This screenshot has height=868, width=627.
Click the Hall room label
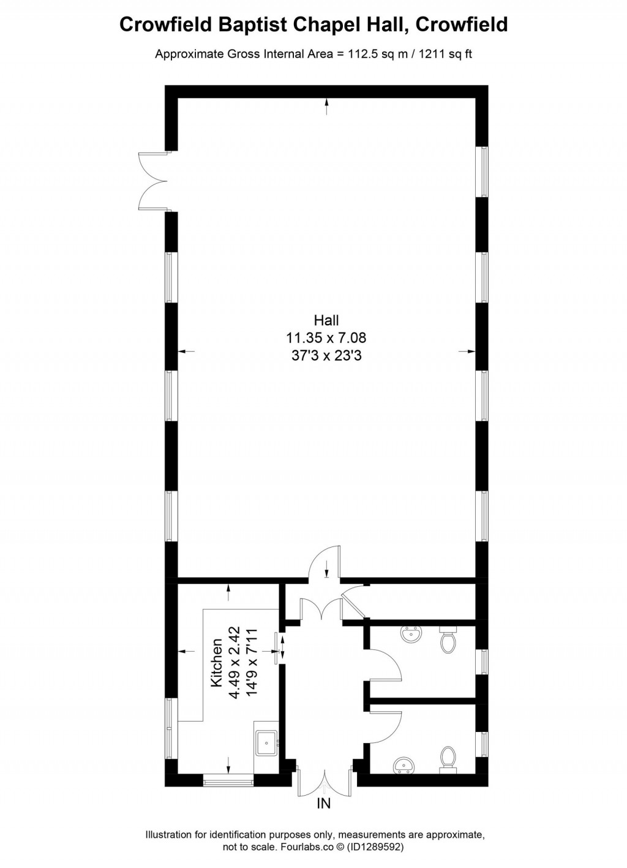coord(326,320)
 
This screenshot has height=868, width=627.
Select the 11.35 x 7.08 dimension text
coord(326,338)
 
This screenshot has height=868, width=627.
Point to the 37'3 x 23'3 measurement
coord(326,355)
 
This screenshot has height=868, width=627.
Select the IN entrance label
coord(323,804)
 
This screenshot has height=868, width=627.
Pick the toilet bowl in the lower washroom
coord(448,758)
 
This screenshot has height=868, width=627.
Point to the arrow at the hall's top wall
coord(326,107)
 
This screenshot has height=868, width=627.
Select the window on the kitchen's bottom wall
coord(228,780)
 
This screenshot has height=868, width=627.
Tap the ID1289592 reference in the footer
coord(375,848)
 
